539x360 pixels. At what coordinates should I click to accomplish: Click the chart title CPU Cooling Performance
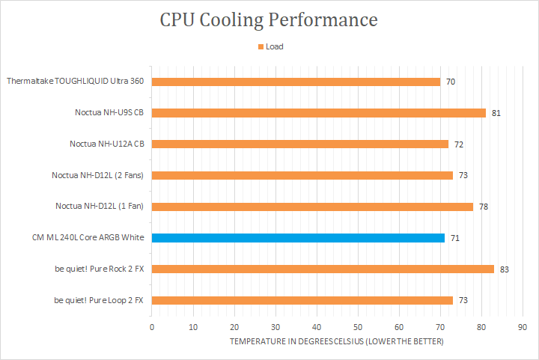269,19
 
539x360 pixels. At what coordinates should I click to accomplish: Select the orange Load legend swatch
261,46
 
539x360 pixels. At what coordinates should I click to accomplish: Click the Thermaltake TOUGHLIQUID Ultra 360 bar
296,82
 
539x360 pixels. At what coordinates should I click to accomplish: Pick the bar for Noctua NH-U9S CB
319,113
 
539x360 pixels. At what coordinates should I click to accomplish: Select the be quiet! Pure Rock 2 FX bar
323,269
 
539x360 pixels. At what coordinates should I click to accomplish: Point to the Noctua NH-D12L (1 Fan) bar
312,207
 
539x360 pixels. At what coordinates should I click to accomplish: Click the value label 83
505,269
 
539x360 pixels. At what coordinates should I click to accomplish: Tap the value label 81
496,113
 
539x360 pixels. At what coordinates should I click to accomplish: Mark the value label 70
451,82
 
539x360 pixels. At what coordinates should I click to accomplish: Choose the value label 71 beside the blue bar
455,238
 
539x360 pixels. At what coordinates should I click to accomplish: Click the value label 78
484,207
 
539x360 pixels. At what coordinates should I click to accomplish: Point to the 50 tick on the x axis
358,326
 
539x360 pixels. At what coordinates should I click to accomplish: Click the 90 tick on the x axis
523,326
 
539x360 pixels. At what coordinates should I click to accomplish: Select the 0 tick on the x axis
152,326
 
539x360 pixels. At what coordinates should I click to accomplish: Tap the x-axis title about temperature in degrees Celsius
336,341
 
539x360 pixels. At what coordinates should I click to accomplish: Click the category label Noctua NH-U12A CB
106,144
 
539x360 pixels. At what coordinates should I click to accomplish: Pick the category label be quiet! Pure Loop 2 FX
99,300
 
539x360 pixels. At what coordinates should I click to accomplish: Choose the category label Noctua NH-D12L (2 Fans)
97,175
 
